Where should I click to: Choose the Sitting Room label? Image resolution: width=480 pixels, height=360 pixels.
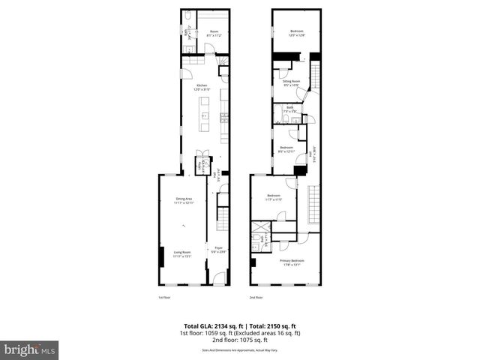(x=292, y=82)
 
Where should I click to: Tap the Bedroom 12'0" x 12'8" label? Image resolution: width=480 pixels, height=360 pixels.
(x=297, y=31)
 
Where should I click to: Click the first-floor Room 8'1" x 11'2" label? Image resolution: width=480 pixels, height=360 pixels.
(x=203, y=32)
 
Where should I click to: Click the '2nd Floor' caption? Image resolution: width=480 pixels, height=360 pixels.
(x=256, y=298)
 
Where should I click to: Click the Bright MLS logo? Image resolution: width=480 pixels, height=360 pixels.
(x=29, y=349)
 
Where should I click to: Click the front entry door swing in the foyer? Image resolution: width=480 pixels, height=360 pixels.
(x=218, y=278)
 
